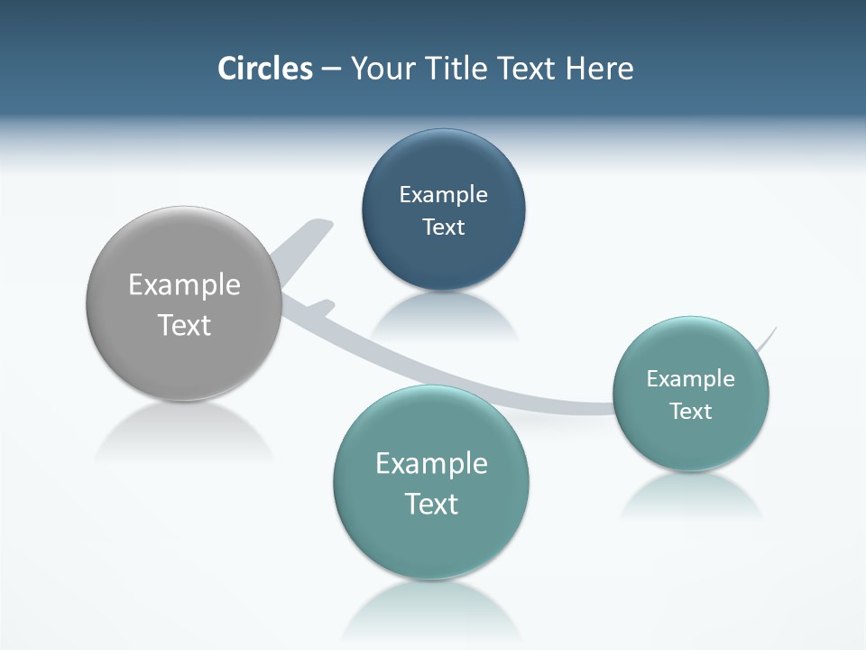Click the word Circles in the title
tap(265, 69)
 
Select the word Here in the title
tap(600, 69)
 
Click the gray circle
tap(185, 361)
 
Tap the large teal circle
tap(431, 542)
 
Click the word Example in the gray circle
tap(185, 285)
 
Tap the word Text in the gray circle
tap(185, 325)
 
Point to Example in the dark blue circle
tap(443, 195)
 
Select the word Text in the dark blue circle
tap(443, 227)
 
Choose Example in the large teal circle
tap(431, 464)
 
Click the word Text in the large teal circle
tap(431, 504)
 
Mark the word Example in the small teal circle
tap(691, 379)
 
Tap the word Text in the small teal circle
tap(691, 412)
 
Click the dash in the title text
tap(331, 70)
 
